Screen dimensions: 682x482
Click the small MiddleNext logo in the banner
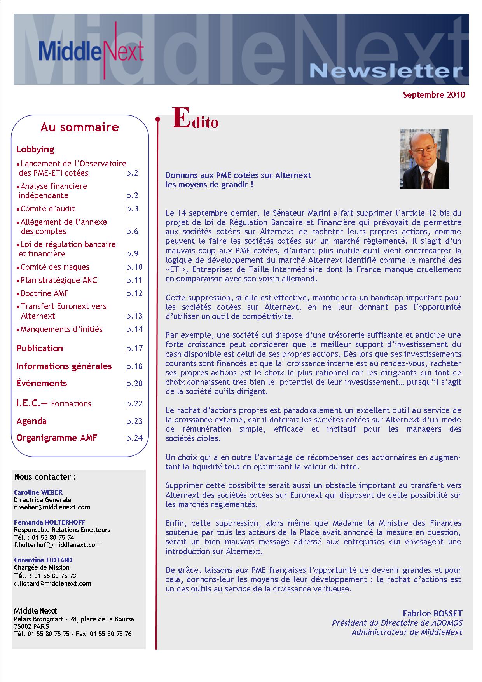91,51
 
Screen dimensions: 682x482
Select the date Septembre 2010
434,95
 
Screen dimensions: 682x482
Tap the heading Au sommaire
80,127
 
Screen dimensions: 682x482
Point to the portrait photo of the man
424,159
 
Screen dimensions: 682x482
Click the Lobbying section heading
35,150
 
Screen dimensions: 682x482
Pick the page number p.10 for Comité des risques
134,267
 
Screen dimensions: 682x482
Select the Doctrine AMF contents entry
44,294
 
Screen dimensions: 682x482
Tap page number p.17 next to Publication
134,349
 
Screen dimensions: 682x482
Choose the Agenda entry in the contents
31,421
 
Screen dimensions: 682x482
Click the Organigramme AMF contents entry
57,438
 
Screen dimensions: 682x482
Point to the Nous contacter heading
45,477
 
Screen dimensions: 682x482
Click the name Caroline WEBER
38,493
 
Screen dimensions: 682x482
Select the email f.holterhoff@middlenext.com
57,545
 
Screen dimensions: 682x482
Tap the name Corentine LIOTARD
43,560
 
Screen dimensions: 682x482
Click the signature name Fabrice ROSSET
432,614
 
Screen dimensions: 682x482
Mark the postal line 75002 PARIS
31,626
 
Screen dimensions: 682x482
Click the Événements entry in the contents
42,384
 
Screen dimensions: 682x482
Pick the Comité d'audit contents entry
47,209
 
